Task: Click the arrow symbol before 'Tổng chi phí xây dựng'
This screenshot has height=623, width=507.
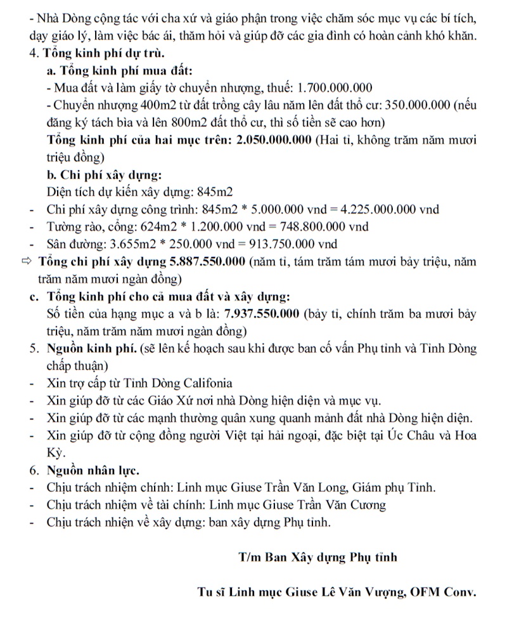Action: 26,261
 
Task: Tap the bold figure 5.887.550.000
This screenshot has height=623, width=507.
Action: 208,261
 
